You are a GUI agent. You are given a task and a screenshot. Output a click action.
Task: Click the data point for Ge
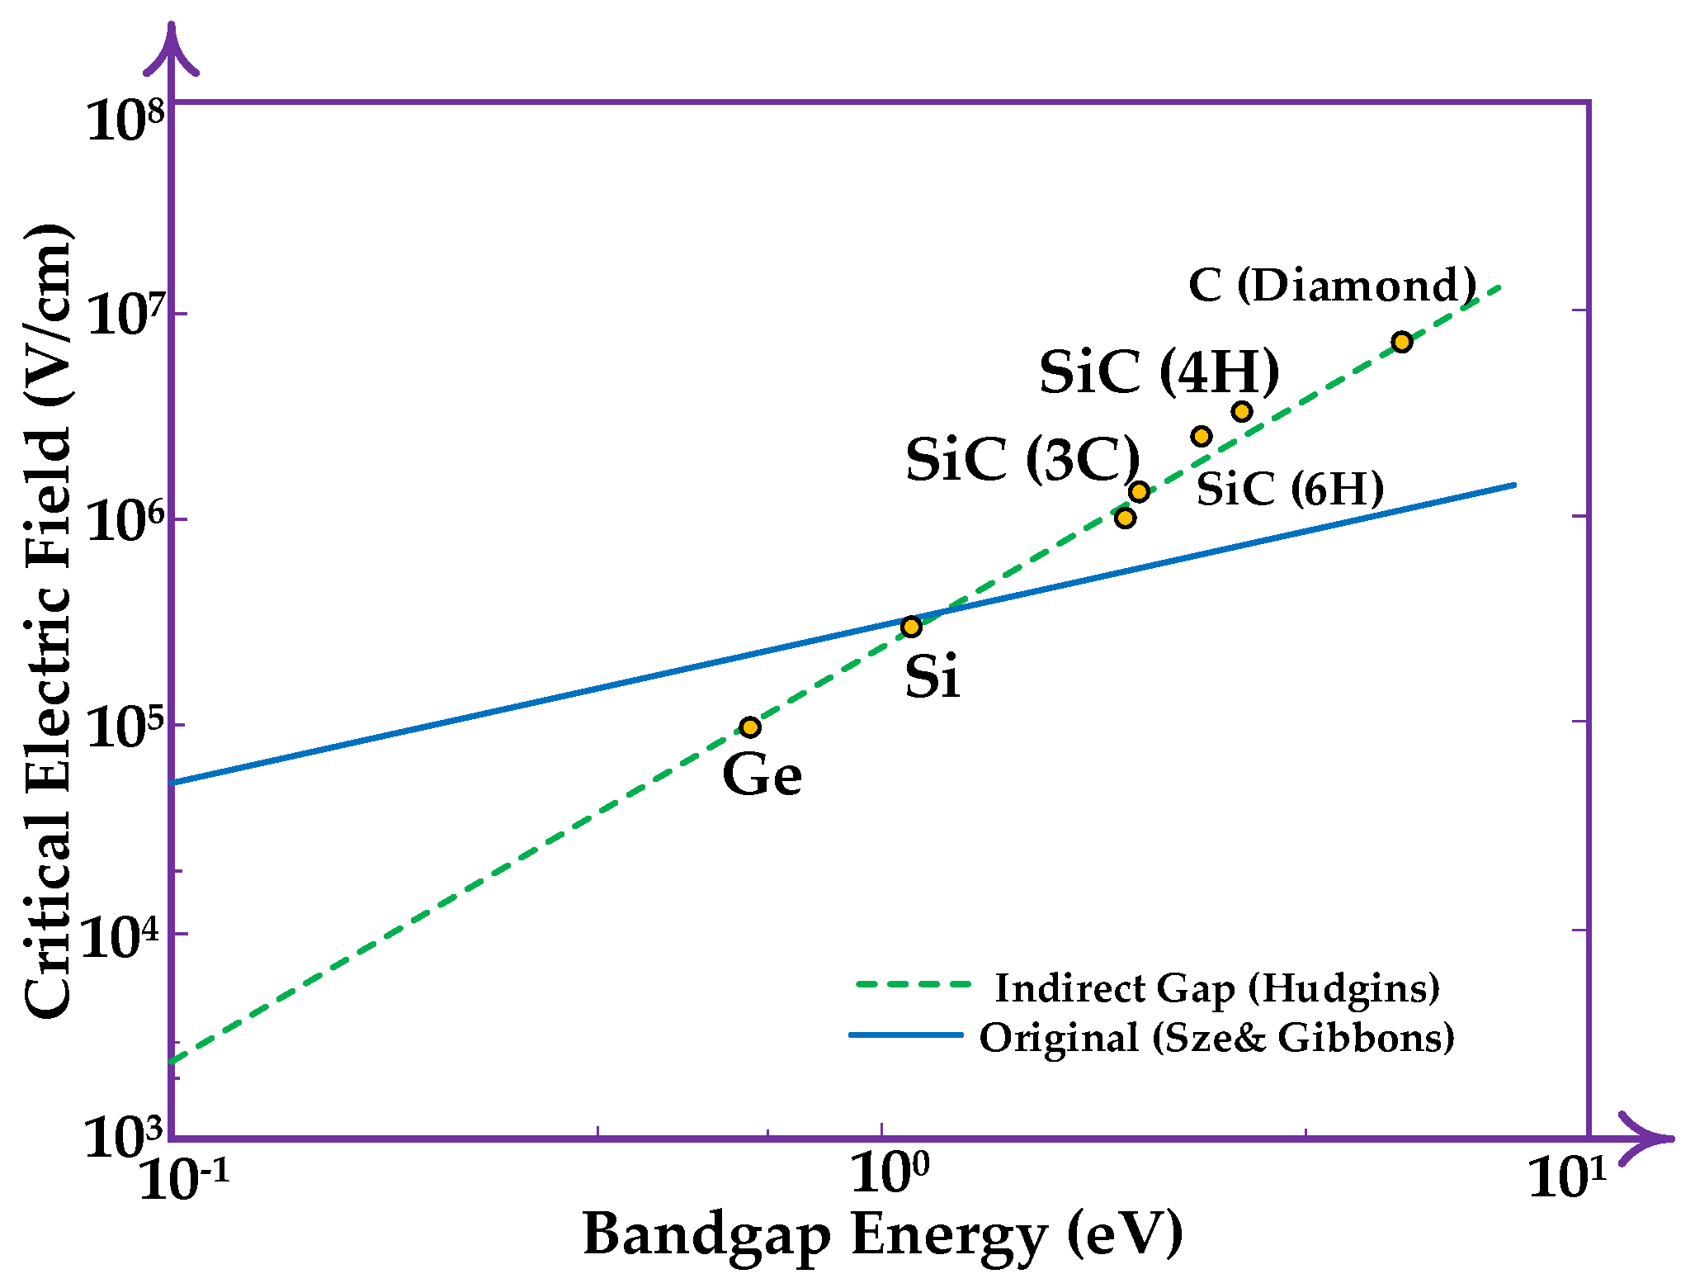[x=749, y=727]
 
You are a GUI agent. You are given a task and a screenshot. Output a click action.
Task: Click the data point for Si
[x=910, y=627]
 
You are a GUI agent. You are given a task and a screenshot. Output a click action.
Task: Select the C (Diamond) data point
[x=1401, y=342]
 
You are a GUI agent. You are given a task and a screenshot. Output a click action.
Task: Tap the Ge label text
[x=762, y=775]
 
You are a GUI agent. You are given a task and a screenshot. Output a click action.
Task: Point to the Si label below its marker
[x=932, y=677]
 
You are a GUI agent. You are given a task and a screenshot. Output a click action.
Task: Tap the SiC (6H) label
[x=1290, y=489]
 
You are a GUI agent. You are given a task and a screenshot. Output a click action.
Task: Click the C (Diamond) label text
[x=1332, y=286]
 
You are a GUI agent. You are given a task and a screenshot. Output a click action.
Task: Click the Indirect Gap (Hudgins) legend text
[x=1217, y=987]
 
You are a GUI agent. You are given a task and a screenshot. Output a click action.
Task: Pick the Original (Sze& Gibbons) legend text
[x=1216, y=1037]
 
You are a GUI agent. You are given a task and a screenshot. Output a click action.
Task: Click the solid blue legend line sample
[x=906, y=1035]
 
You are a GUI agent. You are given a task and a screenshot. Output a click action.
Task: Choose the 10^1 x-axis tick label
[x=1568, y=1177]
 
